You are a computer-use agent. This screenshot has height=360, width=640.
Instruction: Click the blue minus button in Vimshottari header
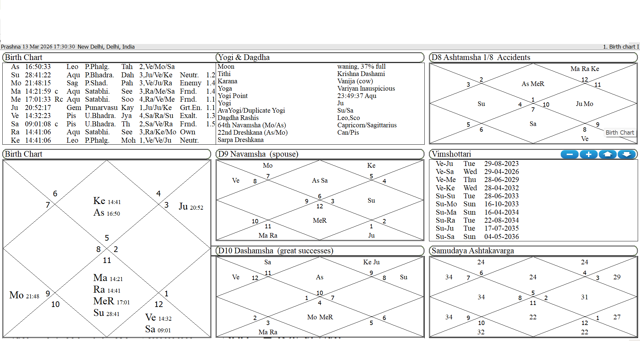pos(570,154)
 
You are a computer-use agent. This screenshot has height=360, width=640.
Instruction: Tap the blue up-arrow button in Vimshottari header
pos(608,154)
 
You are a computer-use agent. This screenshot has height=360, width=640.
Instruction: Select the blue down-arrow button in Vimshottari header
pos(627,154)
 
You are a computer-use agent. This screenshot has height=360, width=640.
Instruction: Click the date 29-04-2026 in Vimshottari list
pos(501,172)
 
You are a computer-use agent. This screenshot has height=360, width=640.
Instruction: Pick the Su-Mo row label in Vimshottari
pos(445,204)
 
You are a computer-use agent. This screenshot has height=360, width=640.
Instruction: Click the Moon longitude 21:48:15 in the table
pos(38,83)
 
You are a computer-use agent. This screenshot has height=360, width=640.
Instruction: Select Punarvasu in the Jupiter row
pos(101,108)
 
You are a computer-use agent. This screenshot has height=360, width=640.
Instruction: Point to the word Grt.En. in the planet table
pos(191,108)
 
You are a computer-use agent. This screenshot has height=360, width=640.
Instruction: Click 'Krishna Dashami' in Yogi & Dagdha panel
pos(361,74)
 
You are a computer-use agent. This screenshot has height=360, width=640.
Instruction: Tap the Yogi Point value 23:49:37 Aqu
pos(357,96)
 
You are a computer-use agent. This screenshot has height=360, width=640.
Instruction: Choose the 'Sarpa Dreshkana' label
pos(240,140)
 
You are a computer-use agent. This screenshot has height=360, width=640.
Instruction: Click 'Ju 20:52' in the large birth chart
pos(191,207)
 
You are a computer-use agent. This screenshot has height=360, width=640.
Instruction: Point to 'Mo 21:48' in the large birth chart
pos(24,295)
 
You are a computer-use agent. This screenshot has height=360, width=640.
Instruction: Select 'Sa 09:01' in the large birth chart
pos(158,329)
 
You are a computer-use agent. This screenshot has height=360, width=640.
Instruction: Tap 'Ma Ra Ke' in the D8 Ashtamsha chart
pos(584,69)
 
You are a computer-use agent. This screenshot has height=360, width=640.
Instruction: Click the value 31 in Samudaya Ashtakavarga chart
pos(584,297)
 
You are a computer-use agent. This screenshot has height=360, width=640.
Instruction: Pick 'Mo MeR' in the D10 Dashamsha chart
pos(320,317)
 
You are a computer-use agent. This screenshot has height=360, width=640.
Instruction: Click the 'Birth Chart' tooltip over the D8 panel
pos(620,133)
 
